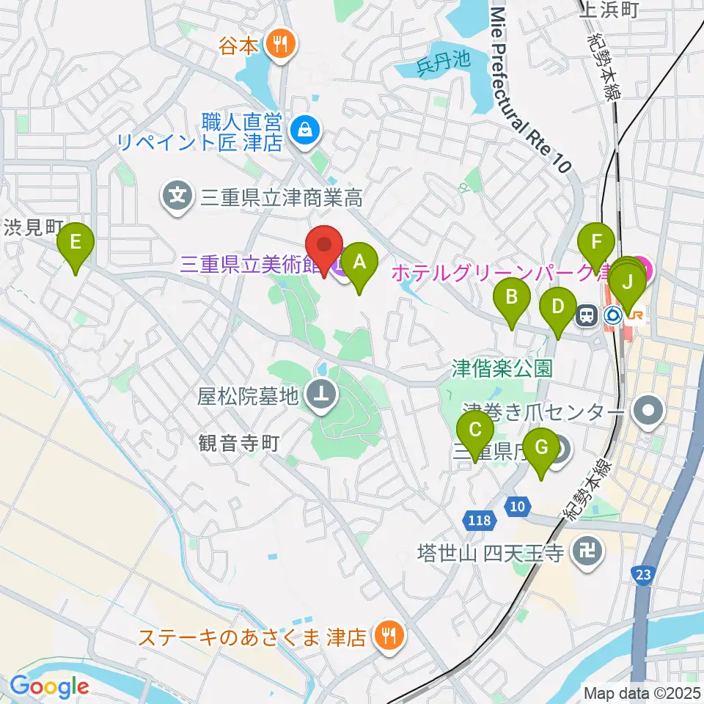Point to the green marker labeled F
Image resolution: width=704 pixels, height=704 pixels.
(x=596, y=243)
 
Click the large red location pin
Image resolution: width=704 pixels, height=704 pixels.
(x=325, y=246)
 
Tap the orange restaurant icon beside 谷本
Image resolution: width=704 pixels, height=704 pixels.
(x=279, y=45)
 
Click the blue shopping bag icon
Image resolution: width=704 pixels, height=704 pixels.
(x=302, y=131)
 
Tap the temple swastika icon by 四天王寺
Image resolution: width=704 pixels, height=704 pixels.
(x=587, y=551)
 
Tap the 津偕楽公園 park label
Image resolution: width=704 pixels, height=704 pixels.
(x=502, y=367)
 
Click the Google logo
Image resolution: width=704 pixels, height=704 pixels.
(x=50, y=686)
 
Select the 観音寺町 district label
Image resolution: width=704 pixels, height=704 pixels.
(x=239, y=443)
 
